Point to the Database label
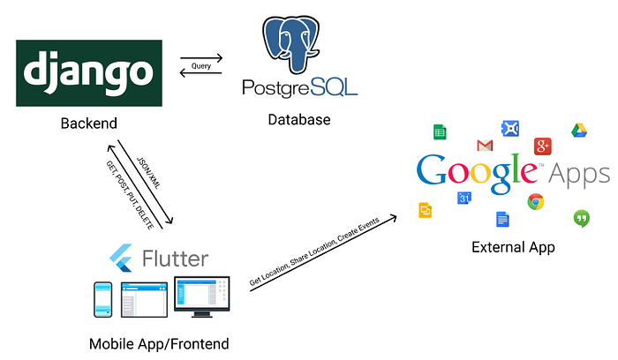298,119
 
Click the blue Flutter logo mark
121,259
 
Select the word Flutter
175,259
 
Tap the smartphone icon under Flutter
103,300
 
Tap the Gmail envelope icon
484,146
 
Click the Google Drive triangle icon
579,131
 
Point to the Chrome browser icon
535,201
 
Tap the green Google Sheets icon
439,132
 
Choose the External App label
514,247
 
